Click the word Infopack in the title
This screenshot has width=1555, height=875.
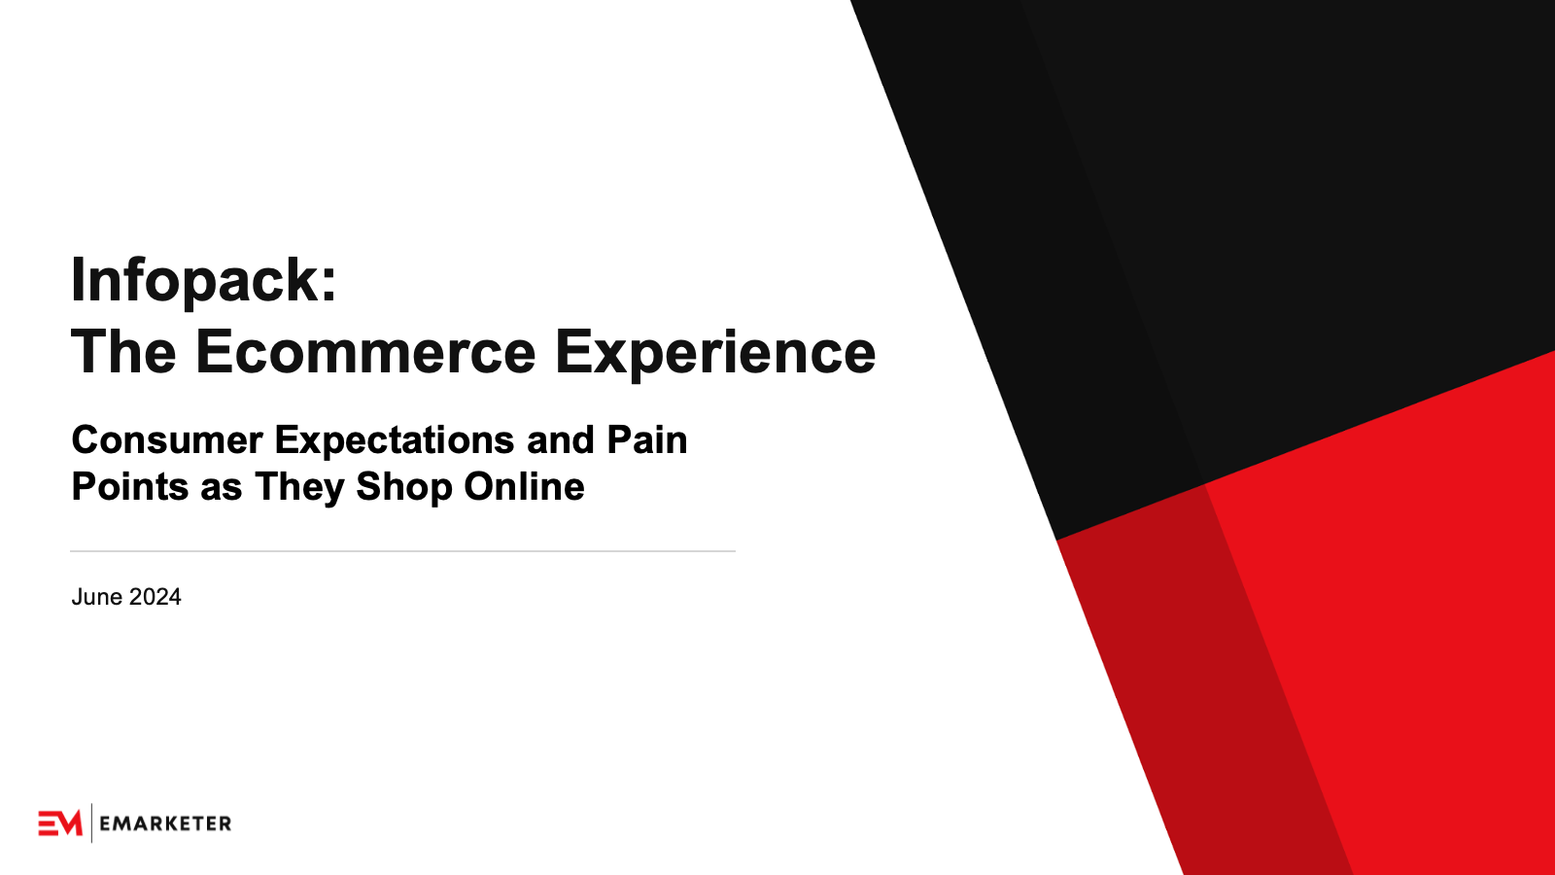(195, 281)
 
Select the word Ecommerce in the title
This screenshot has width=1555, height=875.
(365, 352)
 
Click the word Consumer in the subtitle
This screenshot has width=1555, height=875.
(167, 440)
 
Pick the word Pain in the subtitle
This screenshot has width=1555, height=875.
(647, 440)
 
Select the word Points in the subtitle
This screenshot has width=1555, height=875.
(130, 487)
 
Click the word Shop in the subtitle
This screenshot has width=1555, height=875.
(404, 488)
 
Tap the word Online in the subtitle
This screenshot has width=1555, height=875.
(524, 487)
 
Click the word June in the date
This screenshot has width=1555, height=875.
(97, 597)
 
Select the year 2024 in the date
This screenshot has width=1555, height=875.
(155, 597)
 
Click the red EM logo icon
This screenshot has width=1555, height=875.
(60, 823)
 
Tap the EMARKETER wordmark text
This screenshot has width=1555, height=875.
(165, 823)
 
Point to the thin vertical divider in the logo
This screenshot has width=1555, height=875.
(91, 822)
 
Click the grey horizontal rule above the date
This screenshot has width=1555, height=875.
(402, 551)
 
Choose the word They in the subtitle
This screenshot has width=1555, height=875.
(299, 488)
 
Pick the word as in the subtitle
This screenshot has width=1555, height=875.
(222, 491)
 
